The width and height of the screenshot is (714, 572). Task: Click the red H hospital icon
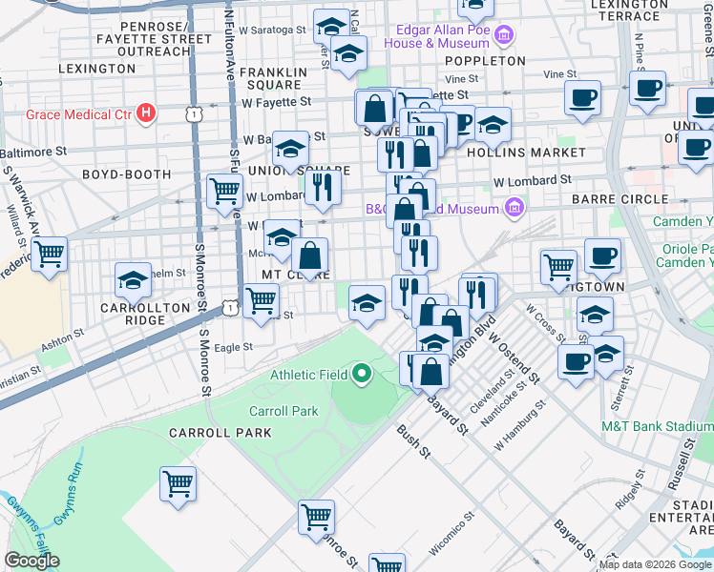coord(145,114)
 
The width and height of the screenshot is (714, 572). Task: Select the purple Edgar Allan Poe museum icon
coord(504,38)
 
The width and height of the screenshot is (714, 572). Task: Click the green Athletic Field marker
coord(361,374)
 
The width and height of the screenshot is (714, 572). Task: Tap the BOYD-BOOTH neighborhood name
coord(126,175)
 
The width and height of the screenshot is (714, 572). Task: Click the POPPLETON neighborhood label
coord(485,60)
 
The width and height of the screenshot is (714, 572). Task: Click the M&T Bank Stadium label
coord(657,425)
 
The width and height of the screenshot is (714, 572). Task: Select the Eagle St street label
coord(233,348)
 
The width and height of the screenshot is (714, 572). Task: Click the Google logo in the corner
coord(31,561)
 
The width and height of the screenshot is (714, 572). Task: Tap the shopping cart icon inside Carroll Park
coord(178,484)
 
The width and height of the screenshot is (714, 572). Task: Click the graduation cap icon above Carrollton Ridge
coord(133,279)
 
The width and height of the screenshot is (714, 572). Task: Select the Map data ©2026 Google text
coord(655,564)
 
